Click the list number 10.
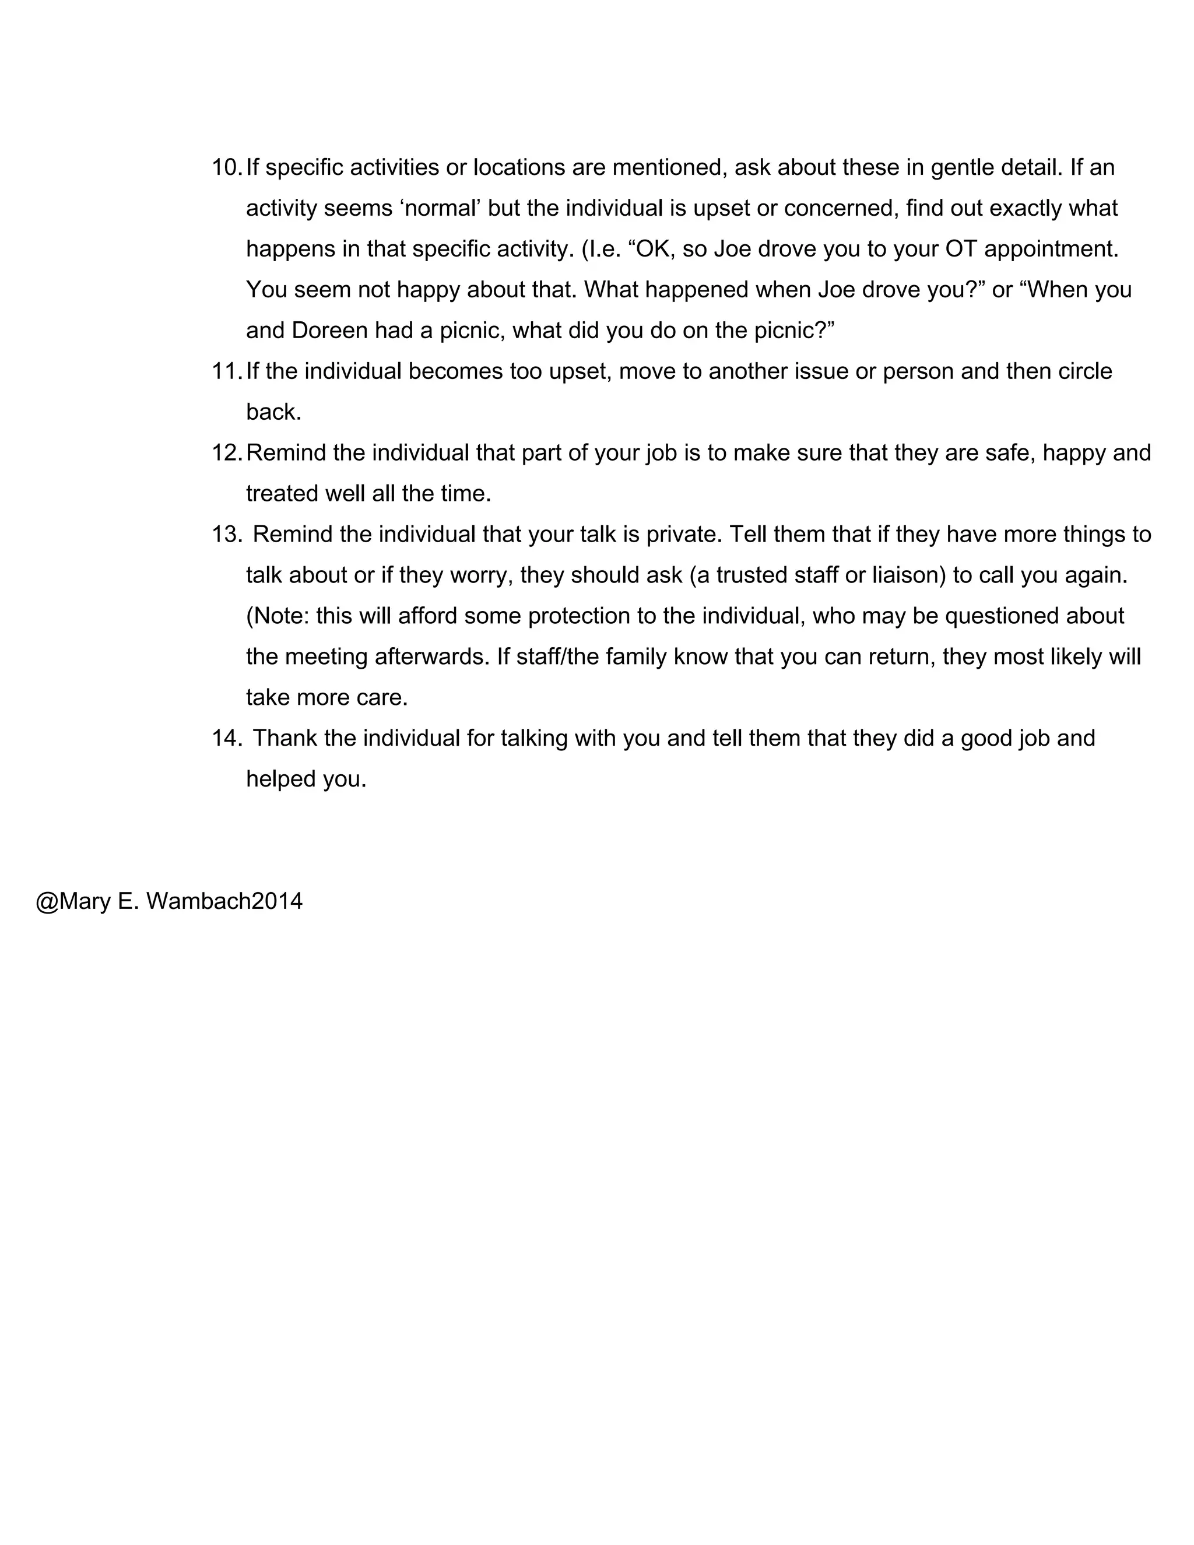[x=226, y=168]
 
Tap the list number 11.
[x=226, y=372]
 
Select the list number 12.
[x=226, y=454]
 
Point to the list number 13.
[x=226, y=535]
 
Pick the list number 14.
[x=226, y=739]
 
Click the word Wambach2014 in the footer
[x=224, y=901]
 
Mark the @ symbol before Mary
[x=47, y=901]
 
